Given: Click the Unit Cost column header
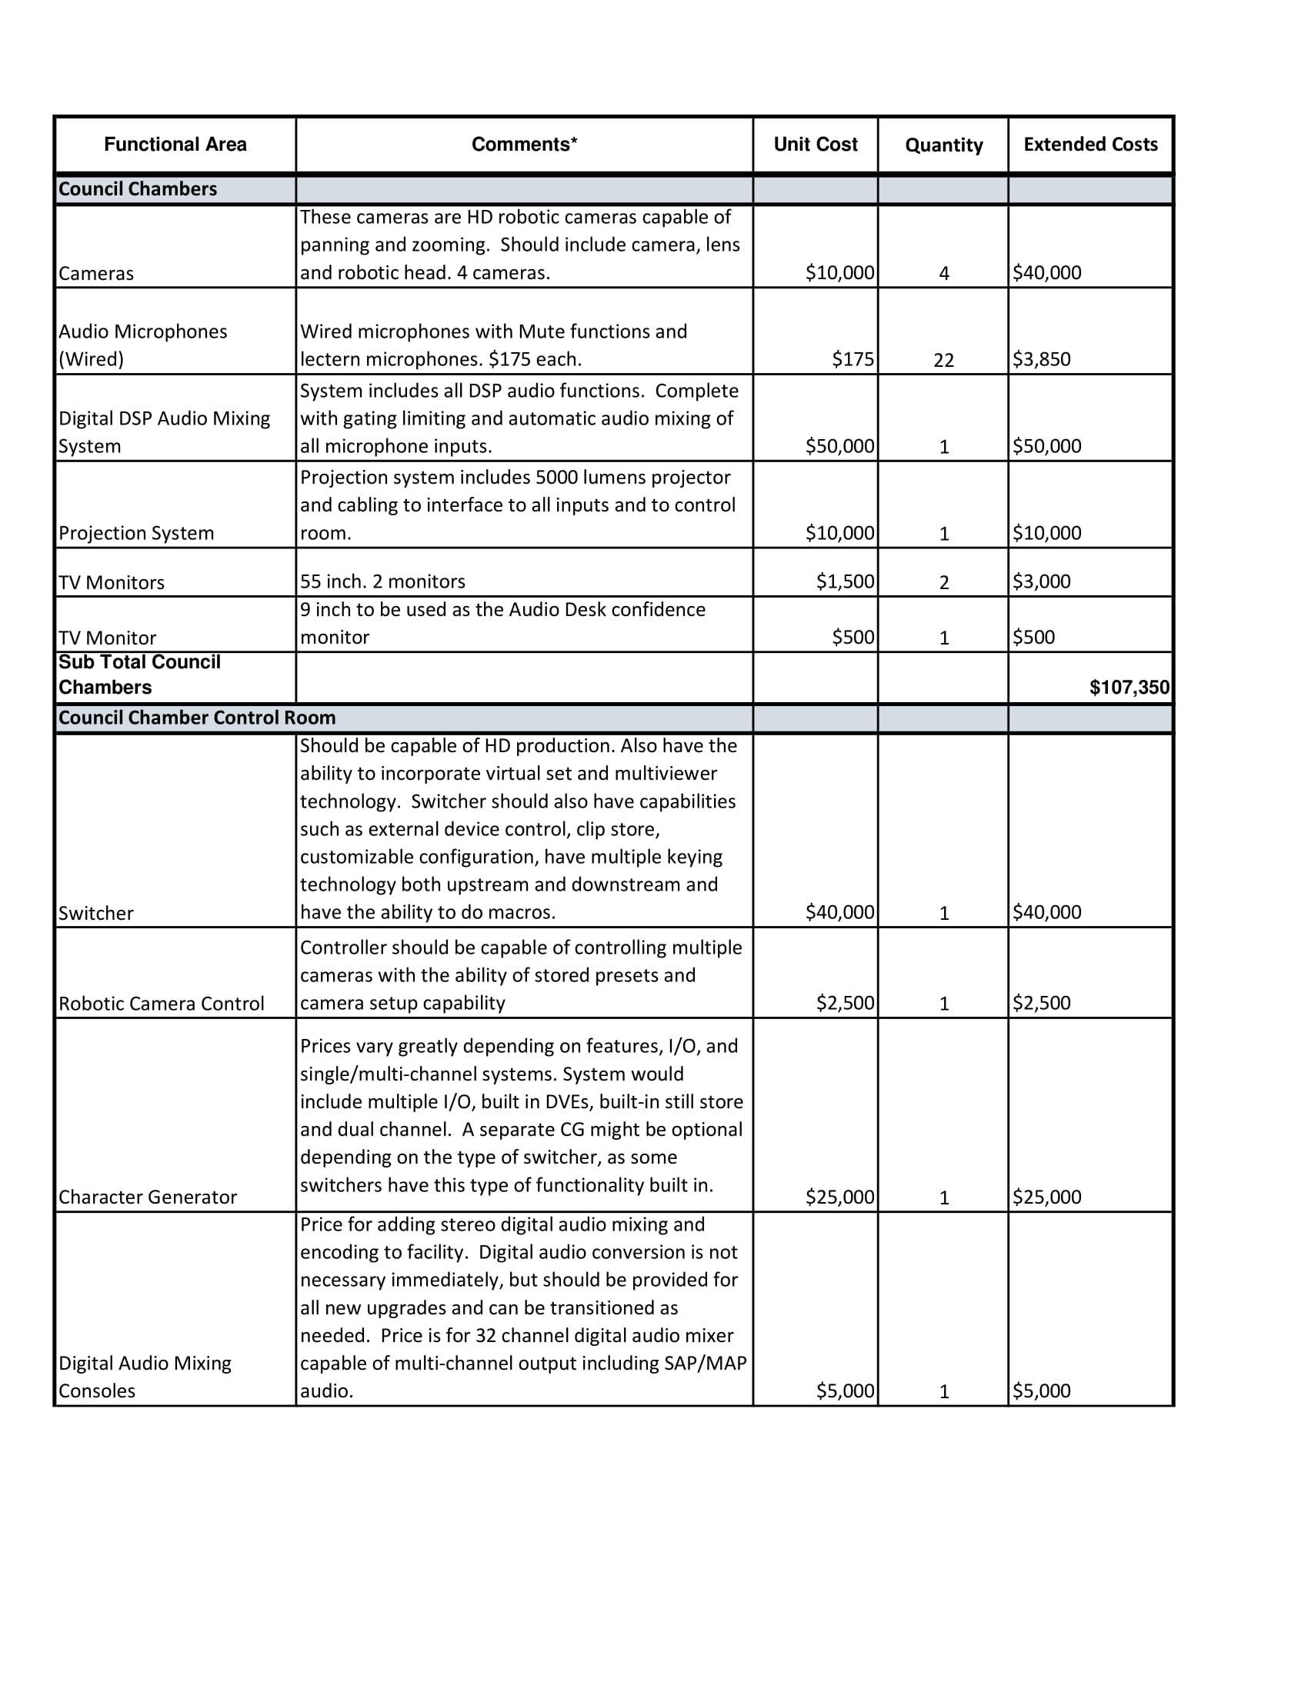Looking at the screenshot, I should click(x=815, y=144).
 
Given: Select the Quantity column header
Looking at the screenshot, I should click(x=943, y=145).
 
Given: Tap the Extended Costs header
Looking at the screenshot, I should click(x=1090, y=144).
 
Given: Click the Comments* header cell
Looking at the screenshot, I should click(x=525, y=144).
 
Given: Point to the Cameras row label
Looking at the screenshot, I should click(x=96, y=274).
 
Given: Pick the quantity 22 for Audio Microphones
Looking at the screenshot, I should click(x=943, y=359).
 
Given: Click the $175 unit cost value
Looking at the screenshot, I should click(x=853, y=359).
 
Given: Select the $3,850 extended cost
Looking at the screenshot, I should click(x=1042, y=359).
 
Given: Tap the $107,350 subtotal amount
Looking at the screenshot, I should click(x=1129, y=687).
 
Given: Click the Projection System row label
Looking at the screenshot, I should click(x=136, y=533).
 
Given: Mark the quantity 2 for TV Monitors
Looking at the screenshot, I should click(x=944, y=583).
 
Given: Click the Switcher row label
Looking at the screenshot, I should click(x=96, y=914).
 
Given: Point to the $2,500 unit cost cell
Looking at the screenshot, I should click(x=845, y=1003).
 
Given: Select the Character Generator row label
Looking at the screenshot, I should click(x=147, y=1197).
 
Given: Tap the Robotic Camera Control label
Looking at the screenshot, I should click(x=161, y=1004).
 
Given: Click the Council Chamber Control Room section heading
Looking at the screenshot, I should click(x=197, y=718).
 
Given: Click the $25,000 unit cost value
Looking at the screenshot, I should click(x=839, y=1197).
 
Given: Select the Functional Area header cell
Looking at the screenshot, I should click(x=175, y=144).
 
